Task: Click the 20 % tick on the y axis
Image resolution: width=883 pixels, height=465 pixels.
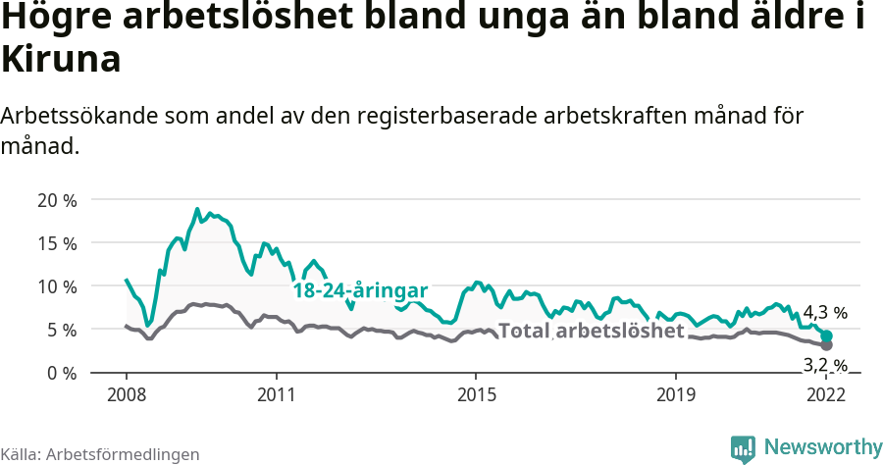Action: pos(57,200)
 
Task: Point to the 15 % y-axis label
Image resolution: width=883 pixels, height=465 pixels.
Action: pos(57,243)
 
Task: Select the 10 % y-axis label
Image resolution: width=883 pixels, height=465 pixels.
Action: pos(57,286)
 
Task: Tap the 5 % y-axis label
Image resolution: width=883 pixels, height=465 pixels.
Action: pos(62,330)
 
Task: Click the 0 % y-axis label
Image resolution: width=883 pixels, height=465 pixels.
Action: pos(62,373)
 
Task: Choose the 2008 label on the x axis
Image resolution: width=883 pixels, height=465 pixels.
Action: pos(127,394)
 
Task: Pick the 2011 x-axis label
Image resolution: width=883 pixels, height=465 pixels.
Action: pos(277,394)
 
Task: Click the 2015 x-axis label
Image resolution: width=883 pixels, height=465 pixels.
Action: pos(476,394)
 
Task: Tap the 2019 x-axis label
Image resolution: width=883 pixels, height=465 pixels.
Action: pos(676,394)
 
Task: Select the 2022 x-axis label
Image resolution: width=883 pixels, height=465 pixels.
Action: pos(825,394)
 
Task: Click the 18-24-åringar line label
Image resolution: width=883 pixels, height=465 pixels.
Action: pos(360,291)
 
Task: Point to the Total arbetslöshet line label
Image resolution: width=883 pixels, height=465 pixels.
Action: pos(591,331)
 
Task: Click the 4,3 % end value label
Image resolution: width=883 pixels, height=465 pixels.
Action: pos(825,314)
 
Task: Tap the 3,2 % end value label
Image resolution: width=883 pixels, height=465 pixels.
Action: pos(825,366)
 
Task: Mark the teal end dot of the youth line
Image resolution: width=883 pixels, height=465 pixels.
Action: pos(827,336)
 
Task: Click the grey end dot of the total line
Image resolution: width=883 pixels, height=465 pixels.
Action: pos(827,345)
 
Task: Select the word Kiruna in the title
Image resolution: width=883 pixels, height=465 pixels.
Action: pos(61,59)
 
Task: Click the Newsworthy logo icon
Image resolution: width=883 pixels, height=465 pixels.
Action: pos(743,448)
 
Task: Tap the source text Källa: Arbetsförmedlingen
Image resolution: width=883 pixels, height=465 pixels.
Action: pos(100,454)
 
